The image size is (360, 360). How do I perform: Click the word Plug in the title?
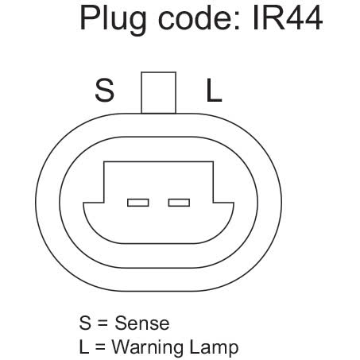pos(113,20)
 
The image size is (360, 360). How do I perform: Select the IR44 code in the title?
pos(288,17)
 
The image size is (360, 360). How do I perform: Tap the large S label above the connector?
pos(105,90)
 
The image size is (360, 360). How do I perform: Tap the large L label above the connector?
pos(214,90)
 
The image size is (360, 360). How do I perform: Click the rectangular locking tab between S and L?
pos(158,93)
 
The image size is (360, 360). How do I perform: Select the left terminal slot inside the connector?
pos(137,203)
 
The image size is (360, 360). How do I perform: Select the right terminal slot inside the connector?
pos(179,203)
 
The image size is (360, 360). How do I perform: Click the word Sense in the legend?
pos(142,323)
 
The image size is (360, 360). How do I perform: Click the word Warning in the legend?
pos(148,347)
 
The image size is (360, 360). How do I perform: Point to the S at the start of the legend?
pos(85,323)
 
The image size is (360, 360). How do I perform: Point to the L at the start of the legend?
pos(84,346)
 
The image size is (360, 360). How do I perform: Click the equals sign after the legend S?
pos(103,323)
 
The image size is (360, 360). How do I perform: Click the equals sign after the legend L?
pos(100,347)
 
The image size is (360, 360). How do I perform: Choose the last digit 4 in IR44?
pos(313,17)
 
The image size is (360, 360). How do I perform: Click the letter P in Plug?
pos(90,17)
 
